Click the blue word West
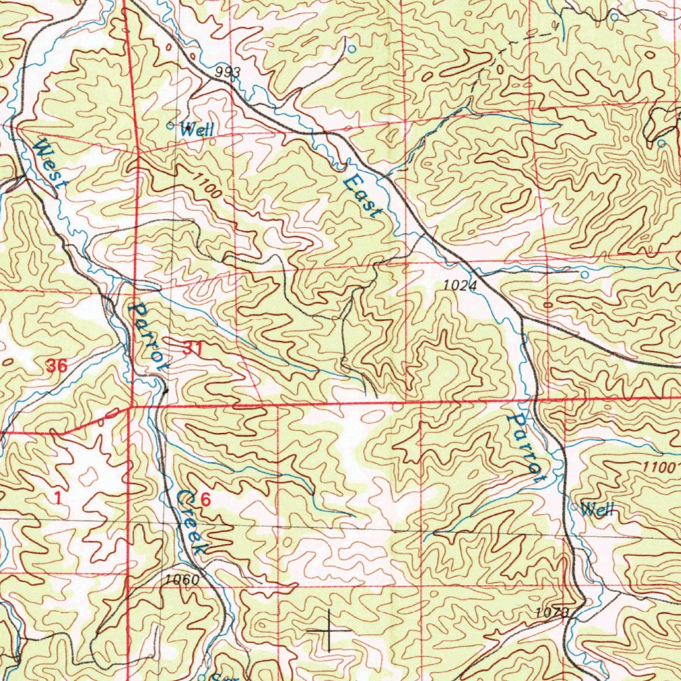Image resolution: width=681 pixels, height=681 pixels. point(49,164)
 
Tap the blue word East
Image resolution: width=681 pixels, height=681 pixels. point(363,194)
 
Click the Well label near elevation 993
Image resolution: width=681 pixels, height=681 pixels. point(198,130)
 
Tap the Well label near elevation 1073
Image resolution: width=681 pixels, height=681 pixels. point(597,510)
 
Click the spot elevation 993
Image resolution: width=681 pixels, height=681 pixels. point(227,72)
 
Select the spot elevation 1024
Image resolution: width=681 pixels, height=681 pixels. point(460,285)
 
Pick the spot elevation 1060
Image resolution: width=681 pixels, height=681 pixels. point(182,580)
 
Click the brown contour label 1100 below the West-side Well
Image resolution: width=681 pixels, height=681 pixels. point(207,184)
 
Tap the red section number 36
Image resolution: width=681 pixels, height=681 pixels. point(58,365)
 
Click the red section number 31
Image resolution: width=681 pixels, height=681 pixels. point(192,348)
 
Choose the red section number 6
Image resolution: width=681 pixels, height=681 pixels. point(205,500)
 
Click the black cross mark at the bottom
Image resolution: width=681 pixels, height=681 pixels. point(329,629)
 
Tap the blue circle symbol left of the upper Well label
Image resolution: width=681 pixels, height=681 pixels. point(170,124)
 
